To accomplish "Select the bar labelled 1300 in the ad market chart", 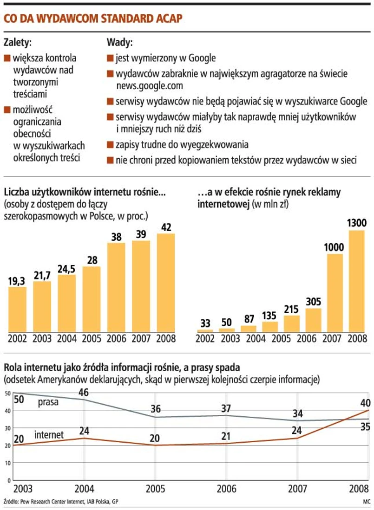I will pyautogui.click(x=356, y=281).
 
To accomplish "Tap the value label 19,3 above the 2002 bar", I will pyautogui.click(x=17, y=281).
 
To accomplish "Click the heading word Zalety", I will pyautogui.click(x=18, y=43).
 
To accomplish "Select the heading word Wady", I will pyautogui.click(x=119, y=43).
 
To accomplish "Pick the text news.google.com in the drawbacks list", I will pyautogui.click(x=150, y=85).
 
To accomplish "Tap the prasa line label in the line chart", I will pyautogui.click(x=48, y=402).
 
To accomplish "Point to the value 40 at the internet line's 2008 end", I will pyautogui.click(x=365, y=402).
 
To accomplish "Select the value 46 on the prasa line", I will pyautogui.click(x=84, y=393).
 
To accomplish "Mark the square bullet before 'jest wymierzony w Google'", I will pyautogui.click(x=110, y=58).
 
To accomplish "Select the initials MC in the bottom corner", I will pyautogui.click(x=366, y=502).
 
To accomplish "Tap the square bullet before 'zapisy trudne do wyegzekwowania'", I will pyautogui.click(x=110, y=144).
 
